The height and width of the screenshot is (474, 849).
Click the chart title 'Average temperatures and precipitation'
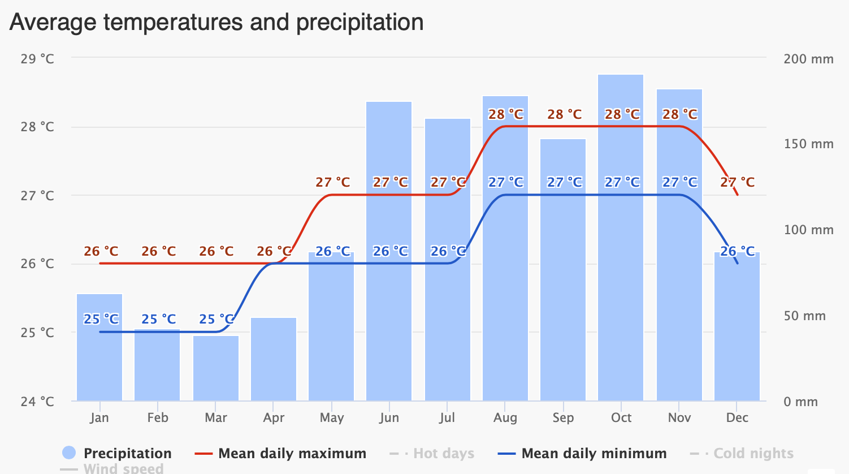pos(216,23)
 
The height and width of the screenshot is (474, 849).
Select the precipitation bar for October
pos(621,238)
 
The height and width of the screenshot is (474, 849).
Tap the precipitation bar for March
pos(216,368)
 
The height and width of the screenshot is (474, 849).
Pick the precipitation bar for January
pos(99,347)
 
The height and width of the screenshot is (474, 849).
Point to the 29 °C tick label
pos(37,59)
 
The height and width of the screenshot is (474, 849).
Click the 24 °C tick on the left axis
pos(37,402)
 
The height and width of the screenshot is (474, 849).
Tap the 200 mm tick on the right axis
pos(808,59)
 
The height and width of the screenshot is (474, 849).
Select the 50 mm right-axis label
pos(805,316)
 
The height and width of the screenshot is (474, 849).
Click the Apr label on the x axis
pos(274,418)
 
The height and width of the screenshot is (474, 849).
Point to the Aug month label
pos(505,418)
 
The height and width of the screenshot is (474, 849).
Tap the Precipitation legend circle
pos(69,453)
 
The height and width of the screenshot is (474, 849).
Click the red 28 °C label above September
pos(564,114)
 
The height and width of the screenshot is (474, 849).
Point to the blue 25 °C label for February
pos(158,319)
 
